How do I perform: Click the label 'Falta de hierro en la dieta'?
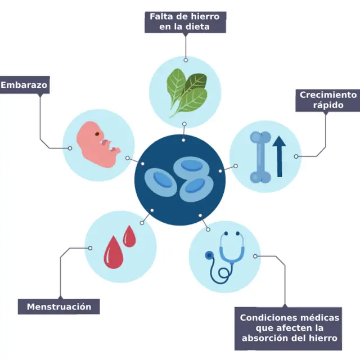point(185,21)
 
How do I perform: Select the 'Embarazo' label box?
point(24,85)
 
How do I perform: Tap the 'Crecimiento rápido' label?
point(327,100)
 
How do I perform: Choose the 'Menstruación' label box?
point(58,307)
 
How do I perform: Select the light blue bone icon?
point(259,157)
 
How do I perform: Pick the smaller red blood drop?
point(130,236)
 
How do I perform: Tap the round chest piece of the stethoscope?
point(209,255)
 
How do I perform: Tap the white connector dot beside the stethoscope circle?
point(256,256)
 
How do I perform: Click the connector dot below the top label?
point(186,59)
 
